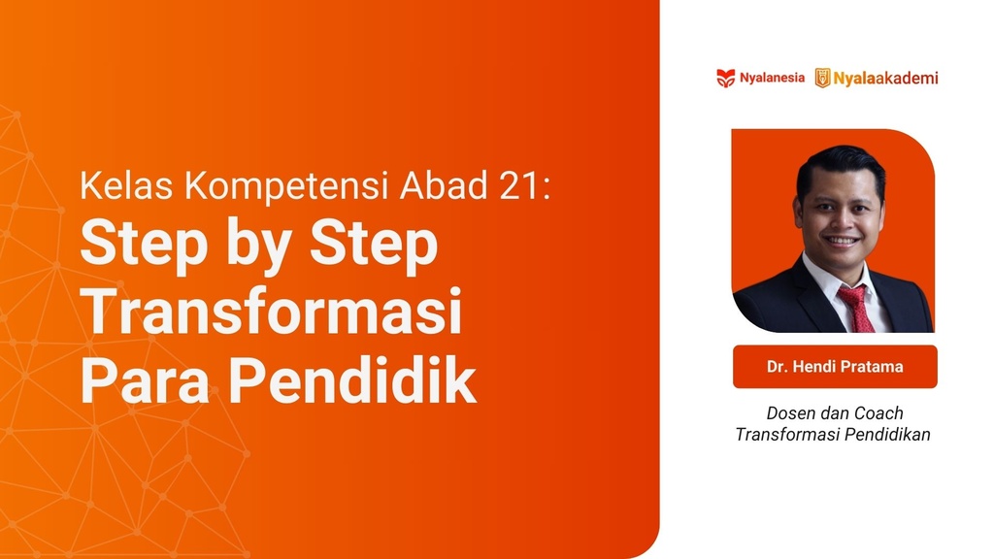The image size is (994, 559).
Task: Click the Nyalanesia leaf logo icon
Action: (725, 78)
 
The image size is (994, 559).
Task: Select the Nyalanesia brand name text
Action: (772, 78)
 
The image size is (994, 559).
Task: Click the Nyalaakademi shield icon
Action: (822, 78)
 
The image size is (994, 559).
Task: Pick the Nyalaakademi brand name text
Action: (886, 78)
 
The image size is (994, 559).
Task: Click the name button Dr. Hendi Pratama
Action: (835, 367)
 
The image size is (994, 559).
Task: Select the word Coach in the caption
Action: (878, 413)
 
